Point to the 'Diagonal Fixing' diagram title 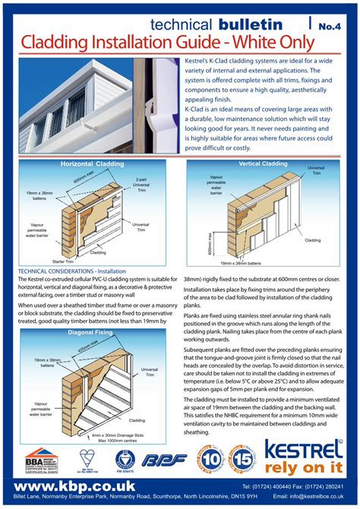coord(90,332)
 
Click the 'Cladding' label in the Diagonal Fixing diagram coord(137,419)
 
